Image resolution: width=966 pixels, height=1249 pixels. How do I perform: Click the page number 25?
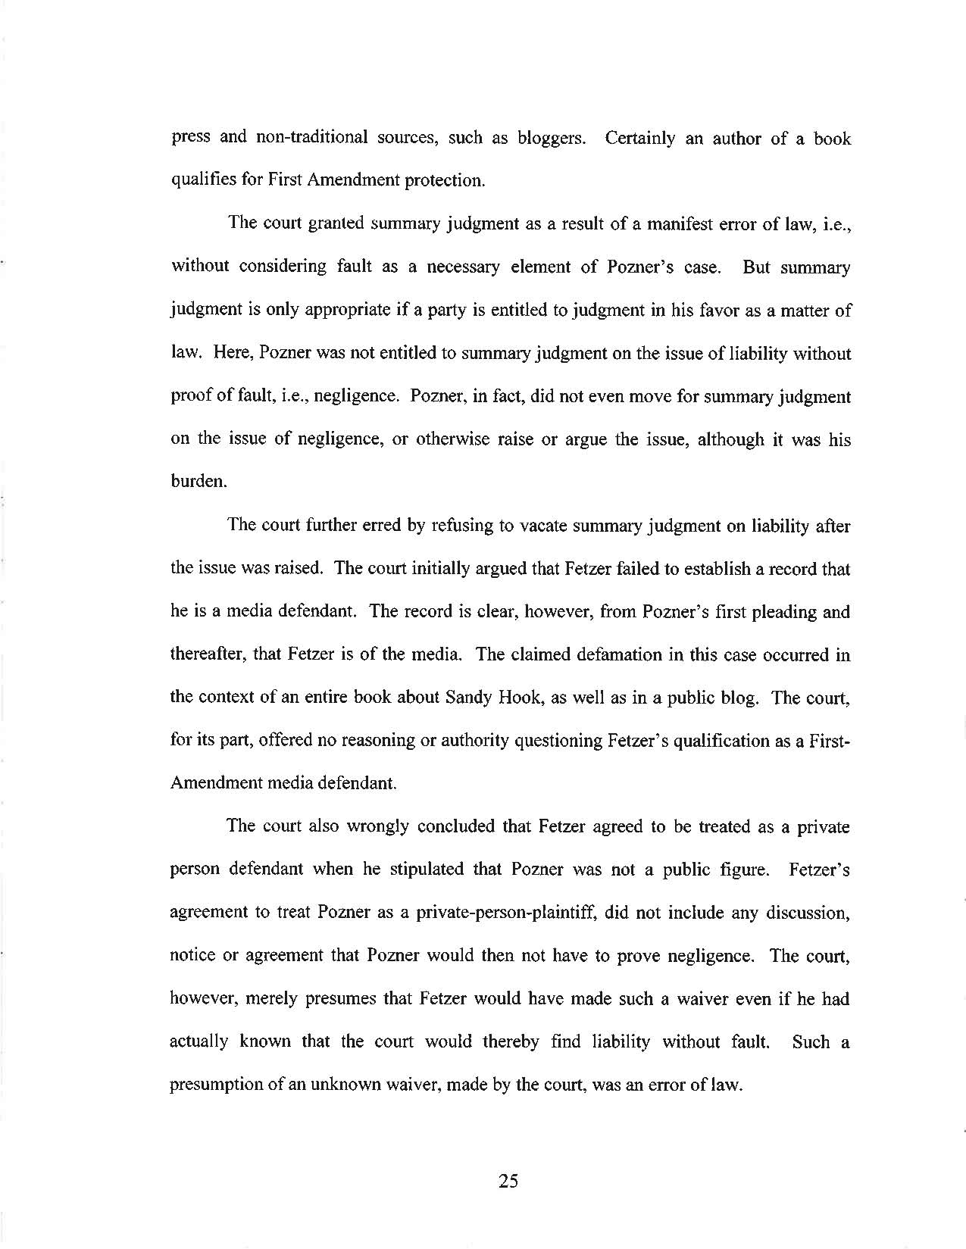508,1180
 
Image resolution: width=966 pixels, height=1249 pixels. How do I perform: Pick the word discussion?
808,912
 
